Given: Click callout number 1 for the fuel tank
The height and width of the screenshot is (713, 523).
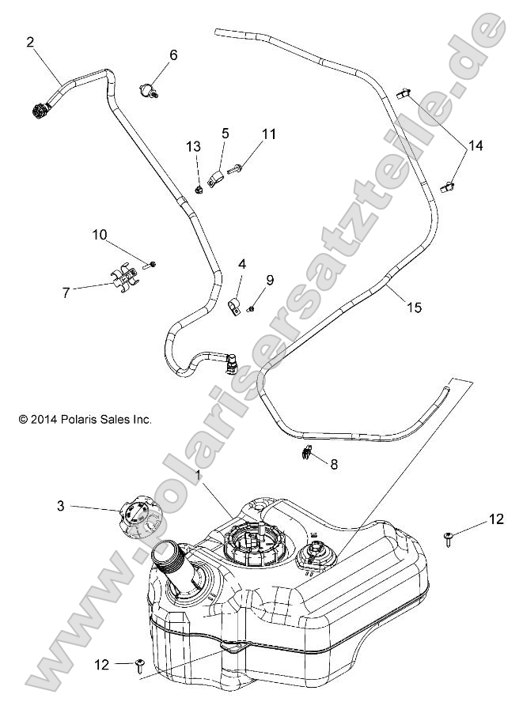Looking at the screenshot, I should click(199, 475).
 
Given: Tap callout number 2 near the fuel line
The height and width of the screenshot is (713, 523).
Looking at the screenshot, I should click(30, 43).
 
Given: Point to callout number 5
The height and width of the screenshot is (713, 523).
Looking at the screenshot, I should click(225, 134).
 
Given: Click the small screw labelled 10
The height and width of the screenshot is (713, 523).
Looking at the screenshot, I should click(153, 262).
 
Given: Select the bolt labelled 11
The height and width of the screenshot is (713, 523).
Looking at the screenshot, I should click(236, 168).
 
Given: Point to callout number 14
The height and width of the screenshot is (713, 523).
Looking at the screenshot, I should click(475, 146).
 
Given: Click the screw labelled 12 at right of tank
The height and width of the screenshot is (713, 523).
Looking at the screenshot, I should click(447, 538).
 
